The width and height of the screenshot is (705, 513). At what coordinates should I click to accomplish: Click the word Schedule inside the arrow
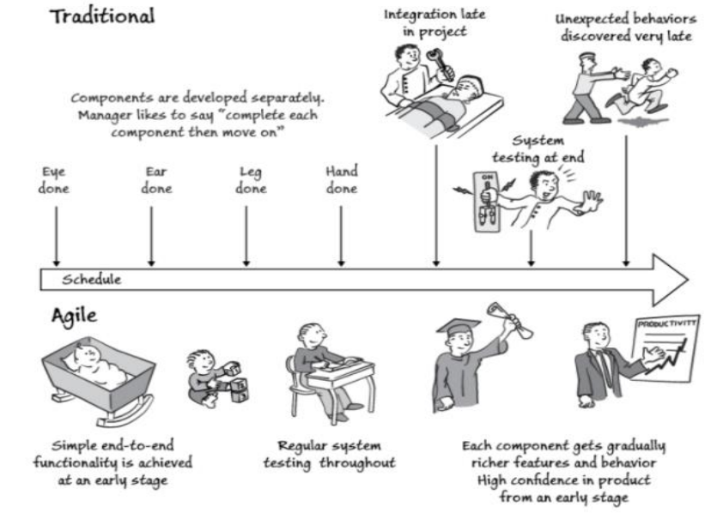(x=91, y=280)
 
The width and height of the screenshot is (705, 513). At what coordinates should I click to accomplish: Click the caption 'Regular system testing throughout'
(x=335, y=456)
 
